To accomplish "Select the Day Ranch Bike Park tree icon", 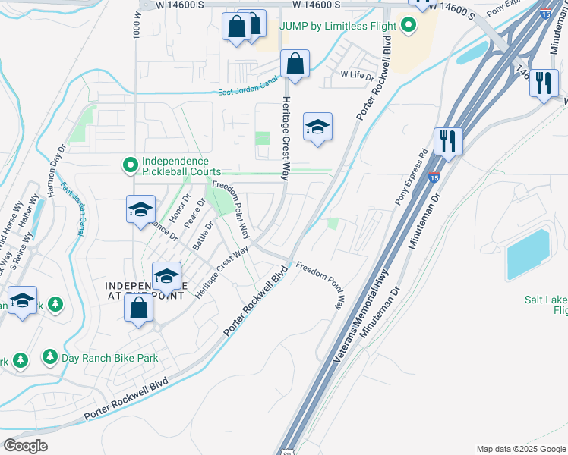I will (50, 356).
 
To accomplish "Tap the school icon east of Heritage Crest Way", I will (317, 127).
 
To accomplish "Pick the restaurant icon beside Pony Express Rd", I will (448, 142).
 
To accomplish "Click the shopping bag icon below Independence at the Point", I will (138, 309).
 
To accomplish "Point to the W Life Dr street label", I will (358, 75).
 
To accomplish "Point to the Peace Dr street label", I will (195, 215).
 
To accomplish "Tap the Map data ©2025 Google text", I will (520, 449).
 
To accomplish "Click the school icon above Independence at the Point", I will (166, 277).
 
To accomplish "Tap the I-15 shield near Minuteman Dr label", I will (433, 178).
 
